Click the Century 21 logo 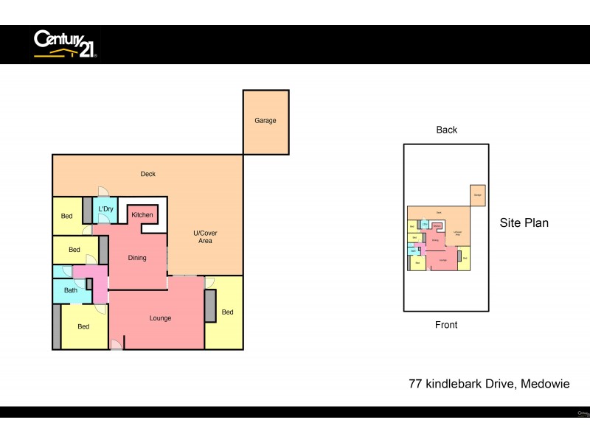click(x=65, y=43)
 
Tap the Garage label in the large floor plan click(x=265, y=121)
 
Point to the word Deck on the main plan click(x=147, y=174)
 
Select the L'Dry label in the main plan click(x=105, y=209)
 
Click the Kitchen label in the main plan click(x=142, y=214)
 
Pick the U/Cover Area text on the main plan click(x=205, y=237)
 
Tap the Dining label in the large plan click(x=137, y=258)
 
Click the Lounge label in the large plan click(x=160, y=318)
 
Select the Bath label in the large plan click(x=71, y=290)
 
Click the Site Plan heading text click(x=524, y=222)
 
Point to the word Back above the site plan click(x=446, y=130)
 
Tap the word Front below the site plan click(x=446, y=325)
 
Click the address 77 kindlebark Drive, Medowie click(x=489, y=384)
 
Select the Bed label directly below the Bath click(x=83, y=326)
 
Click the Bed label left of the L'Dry click(x=66, y=217)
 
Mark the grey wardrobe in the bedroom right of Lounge click(x=210, y=306)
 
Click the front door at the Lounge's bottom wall click(x=116, y=345)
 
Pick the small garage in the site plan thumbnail click(x=477, y=195)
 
